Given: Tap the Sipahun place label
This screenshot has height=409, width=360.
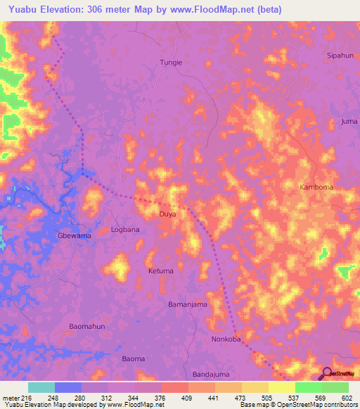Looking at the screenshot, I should pos(340,54).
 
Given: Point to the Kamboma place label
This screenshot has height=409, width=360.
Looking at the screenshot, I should pos(316,188).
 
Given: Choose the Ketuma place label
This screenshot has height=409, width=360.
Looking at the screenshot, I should pos(160,270).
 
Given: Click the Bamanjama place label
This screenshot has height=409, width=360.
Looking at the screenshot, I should pos(188,304).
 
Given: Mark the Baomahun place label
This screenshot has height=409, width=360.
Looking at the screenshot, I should pos(87,327).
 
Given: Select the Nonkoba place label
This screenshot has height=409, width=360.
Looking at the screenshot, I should pos(226,339).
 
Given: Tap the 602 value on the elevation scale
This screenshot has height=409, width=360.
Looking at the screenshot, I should pos(346,398).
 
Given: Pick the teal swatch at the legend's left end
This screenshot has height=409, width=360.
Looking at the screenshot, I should pos(41,387).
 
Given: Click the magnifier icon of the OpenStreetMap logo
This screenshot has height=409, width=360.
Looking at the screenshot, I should pos(326,373).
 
